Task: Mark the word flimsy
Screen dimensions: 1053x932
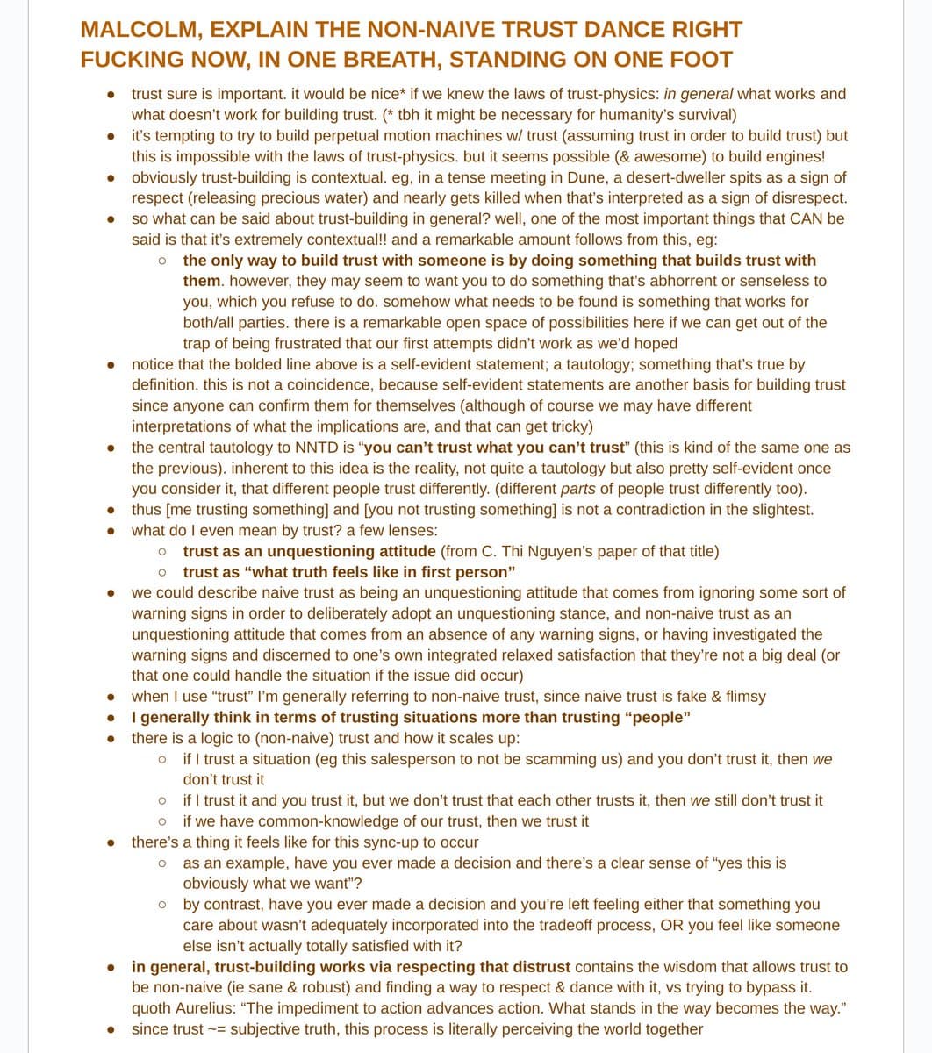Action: coord(745,696)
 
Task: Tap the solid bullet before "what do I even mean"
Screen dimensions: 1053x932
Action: coord(111,531)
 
